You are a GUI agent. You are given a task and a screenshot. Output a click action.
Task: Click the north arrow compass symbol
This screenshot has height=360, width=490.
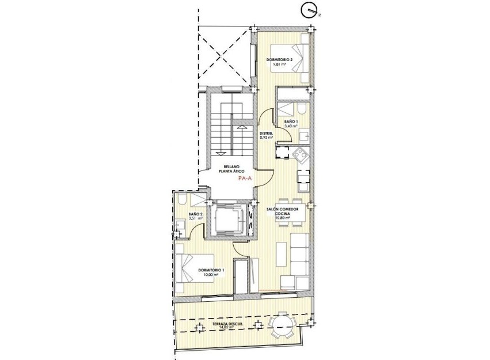[309, 10]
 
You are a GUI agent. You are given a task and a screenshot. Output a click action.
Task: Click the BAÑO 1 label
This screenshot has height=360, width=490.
[291, 122]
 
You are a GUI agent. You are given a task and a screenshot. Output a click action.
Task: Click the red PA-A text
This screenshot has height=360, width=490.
[245, 179]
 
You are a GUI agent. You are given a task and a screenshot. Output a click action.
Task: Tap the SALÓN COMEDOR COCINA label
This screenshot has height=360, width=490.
[282, 211]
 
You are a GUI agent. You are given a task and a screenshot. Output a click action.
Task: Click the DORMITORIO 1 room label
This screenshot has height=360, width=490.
[211, 271]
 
